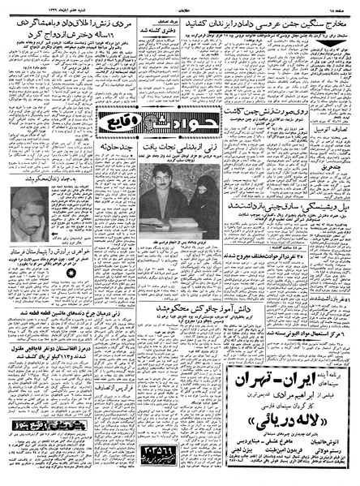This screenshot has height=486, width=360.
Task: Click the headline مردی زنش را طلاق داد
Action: point(81,21)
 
